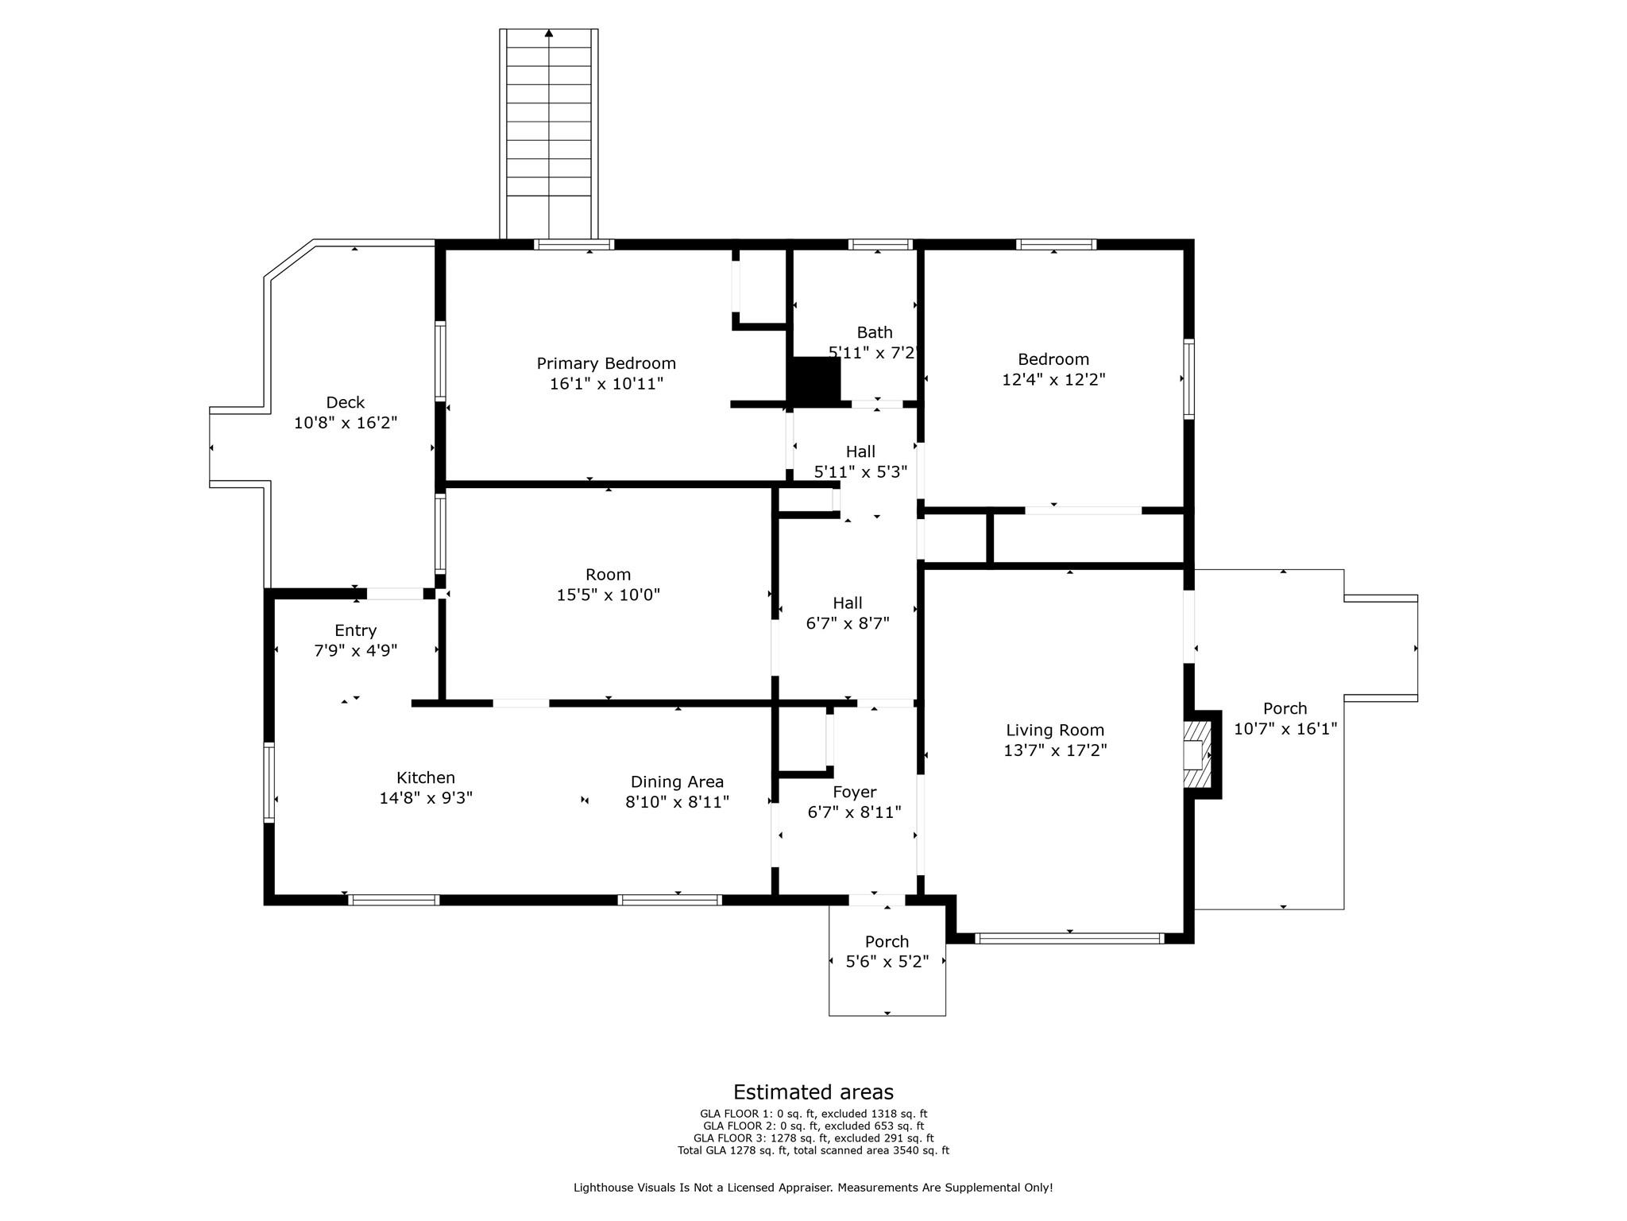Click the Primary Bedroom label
click(x=606, y=363)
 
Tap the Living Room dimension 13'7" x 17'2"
click(x=1055, y=750)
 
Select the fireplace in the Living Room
click(x=1199, y=754)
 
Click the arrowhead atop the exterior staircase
click(x=549, y=33)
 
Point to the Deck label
click(x=346, y=402)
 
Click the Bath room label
click(x=875, y=332)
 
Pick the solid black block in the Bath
click(x=813, y=382)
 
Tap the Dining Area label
click(x=677, y=781)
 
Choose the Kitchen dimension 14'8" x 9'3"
click(x=426, y=797)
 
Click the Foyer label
click(x=854, y=793)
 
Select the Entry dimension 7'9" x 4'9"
click(x=355, y=650)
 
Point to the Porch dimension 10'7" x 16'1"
click(x=1285, y=728)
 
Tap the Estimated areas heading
click(x=813, y=1092)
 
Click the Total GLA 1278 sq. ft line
click(x=813, y=1150)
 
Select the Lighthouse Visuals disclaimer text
click(x=813, y=1188)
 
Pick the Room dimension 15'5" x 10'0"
click(x=609, y=595)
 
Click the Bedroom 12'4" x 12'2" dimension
click(x=1053, y=379)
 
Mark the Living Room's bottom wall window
click(x=1069, y=938)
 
